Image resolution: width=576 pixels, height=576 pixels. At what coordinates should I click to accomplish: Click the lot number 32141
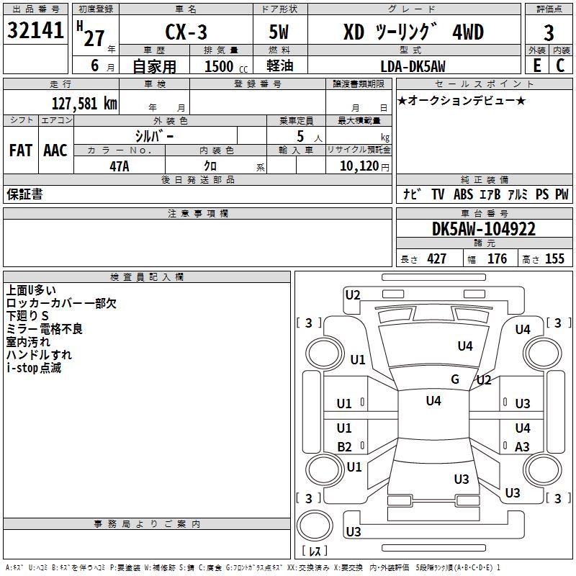coord(35,30)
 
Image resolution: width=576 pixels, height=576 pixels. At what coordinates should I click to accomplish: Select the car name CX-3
coord(186,32)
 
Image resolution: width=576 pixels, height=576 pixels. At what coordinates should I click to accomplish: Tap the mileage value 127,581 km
coord(84,104)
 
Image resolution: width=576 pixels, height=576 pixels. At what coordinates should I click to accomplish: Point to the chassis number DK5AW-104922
coord(484,229)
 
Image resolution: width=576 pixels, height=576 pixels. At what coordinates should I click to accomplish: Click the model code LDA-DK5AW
coord(413,66)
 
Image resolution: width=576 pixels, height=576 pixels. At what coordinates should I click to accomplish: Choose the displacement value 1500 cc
coord(226,66)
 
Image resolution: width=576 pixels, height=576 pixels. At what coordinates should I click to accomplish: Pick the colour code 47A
coord(120,166)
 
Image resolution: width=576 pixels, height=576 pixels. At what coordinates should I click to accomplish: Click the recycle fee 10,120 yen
coord(364,166)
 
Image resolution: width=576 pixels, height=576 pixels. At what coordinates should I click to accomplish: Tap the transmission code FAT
coord(21,150)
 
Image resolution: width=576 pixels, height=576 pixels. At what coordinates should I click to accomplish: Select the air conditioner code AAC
coord(55,150)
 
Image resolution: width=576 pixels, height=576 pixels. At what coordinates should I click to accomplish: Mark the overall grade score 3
coord(549,32)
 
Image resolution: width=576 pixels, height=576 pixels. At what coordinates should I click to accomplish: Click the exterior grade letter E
coord(536,66)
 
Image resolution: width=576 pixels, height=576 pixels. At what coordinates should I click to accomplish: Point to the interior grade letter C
coord(560,66)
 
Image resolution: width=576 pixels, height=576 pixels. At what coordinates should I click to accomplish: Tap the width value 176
coord(497,258)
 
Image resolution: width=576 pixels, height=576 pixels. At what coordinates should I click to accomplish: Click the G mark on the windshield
coord(455,379)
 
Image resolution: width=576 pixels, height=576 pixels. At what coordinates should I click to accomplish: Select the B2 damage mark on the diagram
coord(344,446)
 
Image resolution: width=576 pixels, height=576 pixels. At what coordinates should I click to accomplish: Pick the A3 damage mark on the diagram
coord(522,446)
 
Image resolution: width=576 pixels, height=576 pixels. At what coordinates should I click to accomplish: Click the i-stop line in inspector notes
coord(34,368)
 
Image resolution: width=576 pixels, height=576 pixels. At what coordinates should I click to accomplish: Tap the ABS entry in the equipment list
coord(463,194)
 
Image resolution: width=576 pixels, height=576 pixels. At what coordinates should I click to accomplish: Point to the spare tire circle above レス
coord(315,526)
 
